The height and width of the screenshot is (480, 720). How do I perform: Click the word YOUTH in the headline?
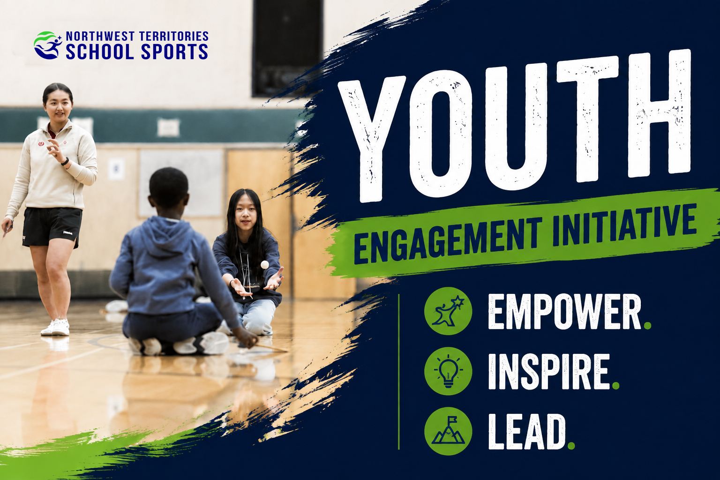514,125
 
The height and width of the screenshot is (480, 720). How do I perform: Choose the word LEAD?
527,431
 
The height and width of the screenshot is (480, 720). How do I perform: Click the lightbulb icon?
448,371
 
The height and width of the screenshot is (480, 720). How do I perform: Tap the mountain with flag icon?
448,431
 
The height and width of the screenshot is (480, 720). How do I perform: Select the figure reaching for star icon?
448,311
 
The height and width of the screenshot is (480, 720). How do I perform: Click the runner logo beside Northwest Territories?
48,45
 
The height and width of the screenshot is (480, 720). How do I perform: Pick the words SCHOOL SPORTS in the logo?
137,52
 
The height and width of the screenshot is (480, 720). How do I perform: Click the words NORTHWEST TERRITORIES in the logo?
137,37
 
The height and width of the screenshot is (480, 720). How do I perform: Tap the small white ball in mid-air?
264,264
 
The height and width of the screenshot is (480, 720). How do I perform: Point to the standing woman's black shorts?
52,227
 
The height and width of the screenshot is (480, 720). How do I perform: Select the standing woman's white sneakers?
55,327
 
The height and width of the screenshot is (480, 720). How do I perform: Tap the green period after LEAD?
571,446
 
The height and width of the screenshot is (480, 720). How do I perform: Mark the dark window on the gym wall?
288,48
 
